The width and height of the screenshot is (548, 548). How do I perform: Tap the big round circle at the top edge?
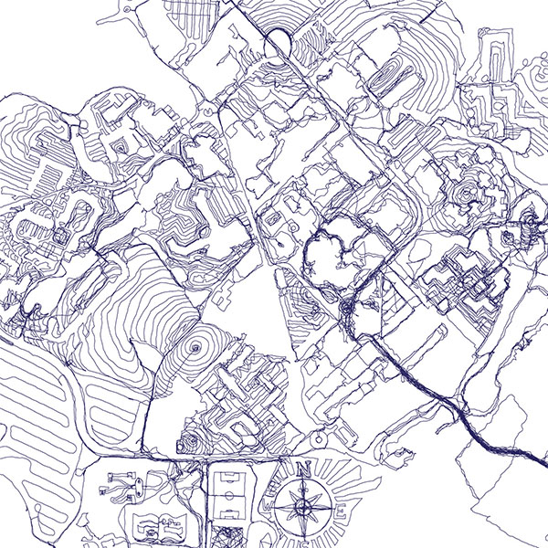(x=275, y=40)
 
